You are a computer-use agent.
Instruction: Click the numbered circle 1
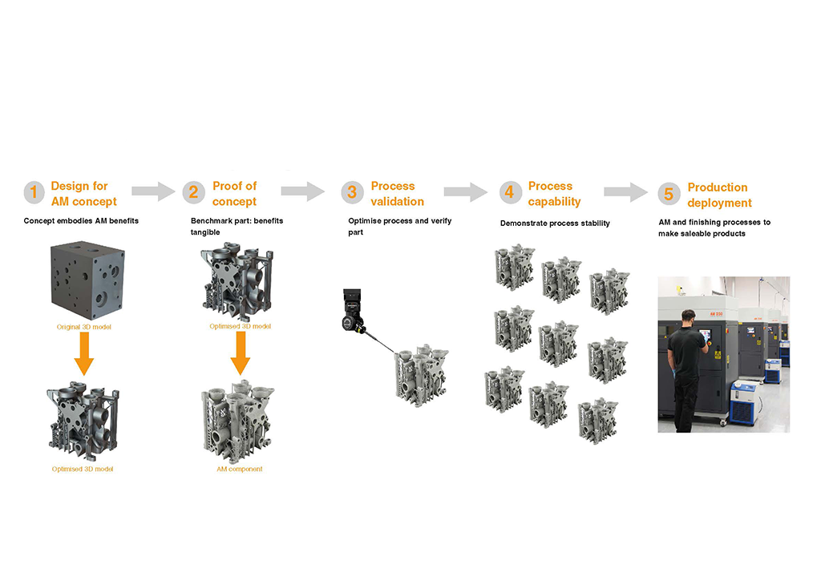coord(34,192)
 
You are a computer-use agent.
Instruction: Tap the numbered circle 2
coord(193,192)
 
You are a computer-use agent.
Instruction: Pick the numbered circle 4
coord(509,192)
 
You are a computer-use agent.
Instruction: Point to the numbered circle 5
coord(669,194)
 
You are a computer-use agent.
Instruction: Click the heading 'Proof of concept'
coord(234,193)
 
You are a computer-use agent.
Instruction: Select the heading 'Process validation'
coord(397,193)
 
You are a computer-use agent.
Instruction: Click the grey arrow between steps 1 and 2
coord(152,191)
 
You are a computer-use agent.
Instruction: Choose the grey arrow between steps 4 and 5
coord(625,191)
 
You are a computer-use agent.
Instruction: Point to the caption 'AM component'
coord(240,469)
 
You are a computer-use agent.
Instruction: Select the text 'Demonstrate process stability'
coord(555,223)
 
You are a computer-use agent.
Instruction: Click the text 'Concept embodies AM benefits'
coord(81,220)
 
